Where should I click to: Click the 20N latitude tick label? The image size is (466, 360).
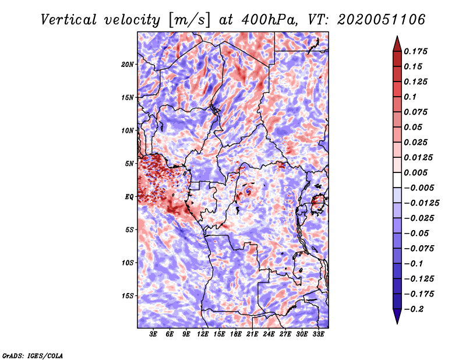128,64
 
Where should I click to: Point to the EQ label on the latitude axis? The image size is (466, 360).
129,196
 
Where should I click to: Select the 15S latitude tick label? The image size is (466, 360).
128,295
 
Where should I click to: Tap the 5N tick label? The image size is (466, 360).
129,163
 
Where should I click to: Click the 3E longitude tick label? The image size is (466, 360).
154,334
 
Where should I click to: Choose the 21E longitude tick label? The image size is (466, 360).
252,334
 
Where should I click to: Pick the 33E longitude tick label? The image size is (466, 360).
318,334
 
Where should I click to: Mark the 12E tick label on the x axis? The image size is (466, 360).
203,334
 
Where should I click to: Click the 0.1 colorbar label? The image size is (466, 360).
411,97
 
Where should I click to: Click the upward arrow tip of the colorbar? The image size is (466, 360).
397,38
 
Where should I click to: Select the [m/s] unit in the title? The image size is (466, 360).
188,20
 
